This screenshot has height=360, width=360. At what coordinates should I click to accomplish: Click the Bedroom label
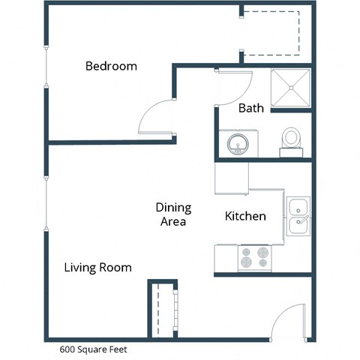tap(111, 66)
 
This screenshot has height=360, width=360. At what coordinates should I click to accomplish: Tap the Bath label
tap(250, 108)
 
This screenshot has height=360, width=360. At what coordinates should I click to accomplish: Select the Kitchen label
tap(245, 216)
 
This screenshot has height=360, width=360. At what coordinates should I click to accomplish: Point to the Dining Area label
tap(173, 214)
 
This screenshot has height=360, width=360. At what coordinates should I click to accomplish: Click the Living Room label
tap(97, 267)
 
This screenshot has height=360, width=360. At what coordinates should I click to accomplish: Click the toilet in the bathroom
tap(291, 139)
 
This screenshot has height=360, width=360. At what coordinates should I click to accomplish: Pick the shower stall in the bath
tap(290, 88)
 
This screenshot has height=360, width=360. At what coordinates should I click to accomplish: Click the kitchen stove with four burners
tap(254, 258)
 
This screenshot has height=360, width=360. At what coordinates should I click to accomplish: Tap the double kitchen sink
tap(298, 216)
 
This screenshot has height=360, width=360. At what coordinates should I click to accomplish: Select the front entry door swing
tap(289, 322)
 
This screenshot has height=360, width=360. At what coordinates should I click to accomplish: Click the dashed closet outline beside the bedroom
tap(274, 34)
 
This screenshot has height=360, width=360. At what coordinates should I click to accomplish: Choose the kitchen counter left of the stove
tap(226, 258)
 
